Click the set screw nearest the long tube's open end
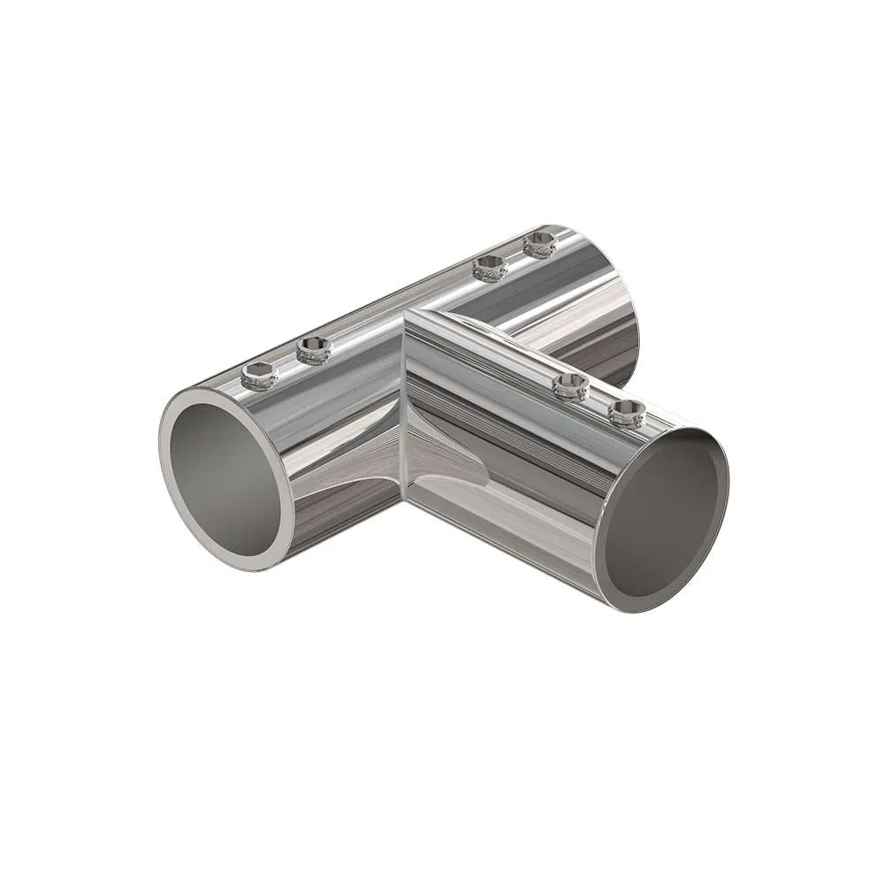point(258,376)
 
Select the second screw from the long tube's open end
point(313,351)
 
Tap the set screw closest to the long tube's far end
point(539,243)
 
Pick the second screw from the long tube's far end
point(489,267)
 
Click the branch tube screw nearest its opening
point(626,412)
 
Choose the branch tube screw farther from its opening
point(570,385)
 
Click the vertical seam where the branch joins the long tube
point(404,407)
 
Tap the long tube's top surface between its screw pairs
point(398,305)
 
